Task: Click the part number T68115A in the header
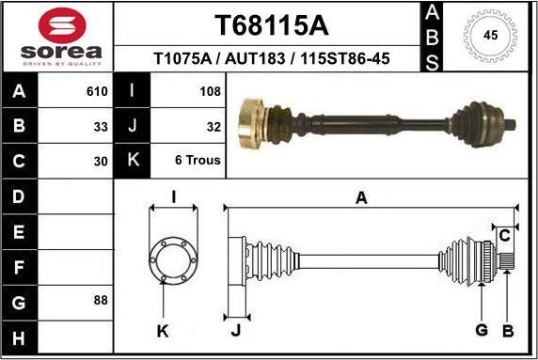pos(272,23)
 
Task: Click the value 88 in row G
pos(101,301)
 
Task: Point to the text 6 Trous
pos(198,160)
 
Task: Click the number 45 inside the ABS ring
pos(490,36)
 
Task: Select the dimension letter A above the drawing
pos(361,196)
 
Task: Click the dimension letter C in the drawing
pos(505,234)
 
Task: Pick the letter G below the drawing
pos(482,329)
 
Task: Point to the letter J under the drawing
pos(235,330)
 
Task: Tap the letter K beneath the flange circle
pos(163,330)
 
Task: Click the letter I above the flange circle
pos(173,196)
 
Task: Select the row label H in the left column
pos(21,337)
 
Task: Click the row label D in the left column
pos(21,196)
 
